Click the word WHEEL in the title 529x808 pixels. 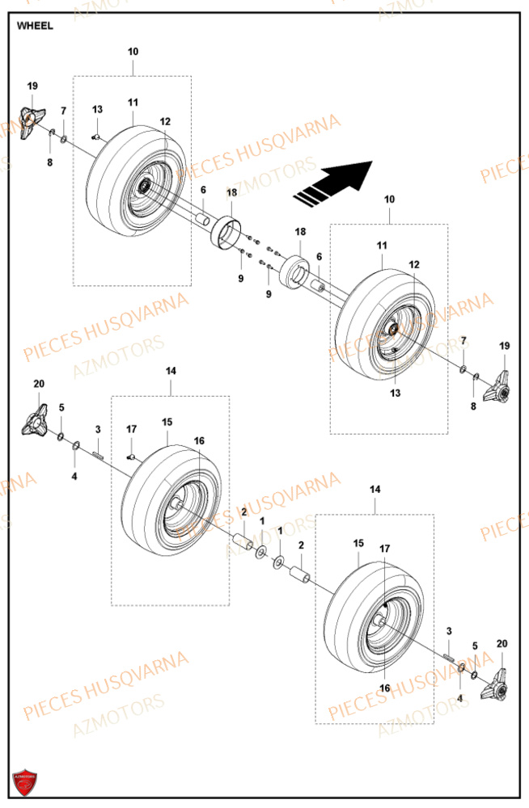(35, 26)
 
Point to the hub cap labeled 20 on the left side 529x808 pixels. (36, 422)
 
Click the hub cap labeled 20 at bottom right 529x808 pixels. (496, 682)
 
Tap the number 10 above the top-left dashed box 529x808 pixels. (133, 52)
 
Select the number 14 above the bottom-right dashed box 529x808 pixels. (375, 490)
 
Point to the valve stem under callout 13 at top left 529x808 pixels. (96, 137)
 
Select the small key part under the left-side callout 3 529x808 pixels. (99, 455)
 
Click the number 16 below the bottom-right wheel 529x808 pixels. (383, 688)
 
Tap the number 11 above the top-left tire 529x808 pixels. (133, 103)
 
